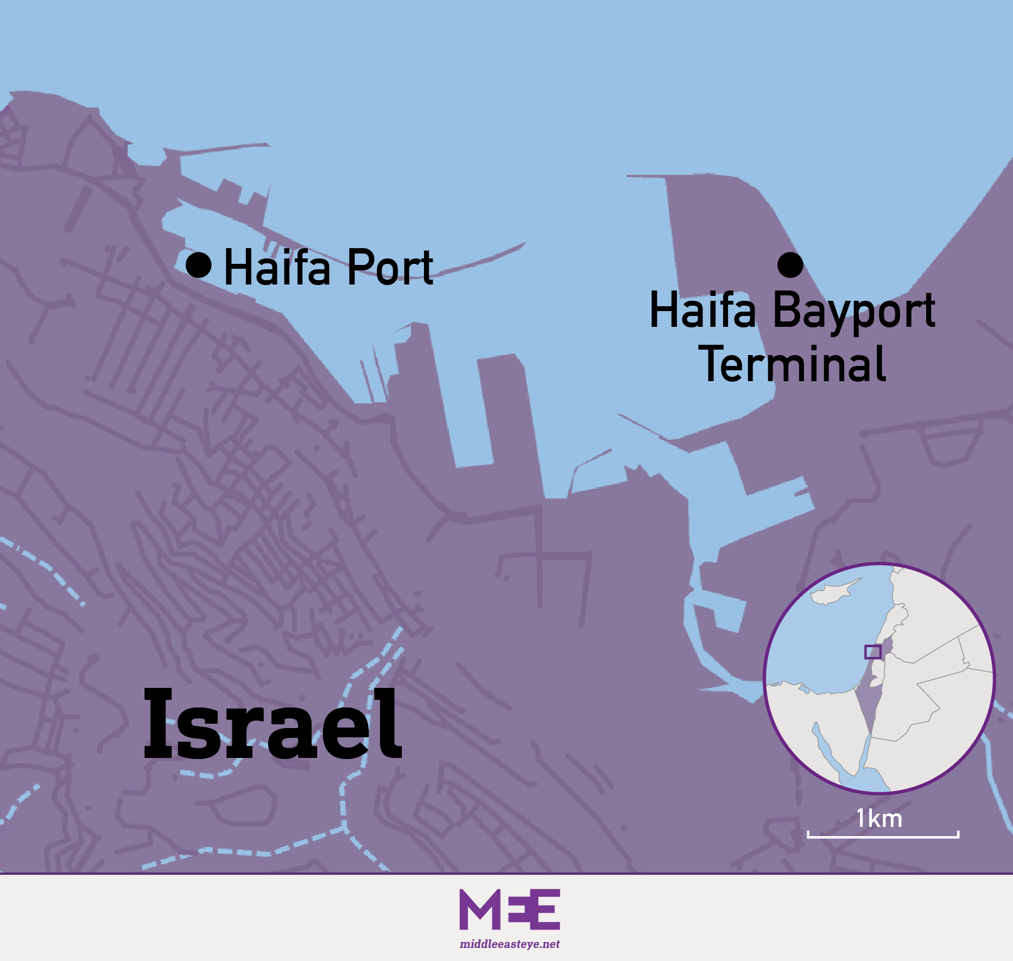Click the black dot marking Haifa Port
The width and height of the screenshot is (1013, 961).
tap(199, 265)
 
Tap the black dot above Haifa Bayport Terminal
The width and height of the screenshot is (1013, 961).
tap(790, 265)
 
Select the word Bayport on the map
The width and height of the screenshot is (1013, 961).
tap(853, 311)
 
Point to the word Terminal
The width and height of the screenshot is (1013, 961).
tap(794, 364)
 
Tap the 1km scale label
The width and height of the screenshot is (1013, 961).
tap(879, 818)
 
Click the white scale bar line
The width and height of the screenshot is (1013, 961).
tap(883, 837)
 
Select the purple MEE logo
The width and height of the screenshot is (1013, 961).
tap(509, 910)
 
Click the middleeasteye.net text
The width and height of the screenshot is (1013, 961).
tap(509, 944)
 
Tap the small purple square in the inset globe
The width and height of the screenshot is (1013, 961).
tap(872, 652)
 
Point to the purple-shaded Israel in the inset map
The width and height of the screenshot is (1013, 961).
tap(868, 700)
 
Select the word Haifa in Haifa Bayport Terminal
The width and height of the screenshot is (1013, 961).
tap(702, 311)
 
